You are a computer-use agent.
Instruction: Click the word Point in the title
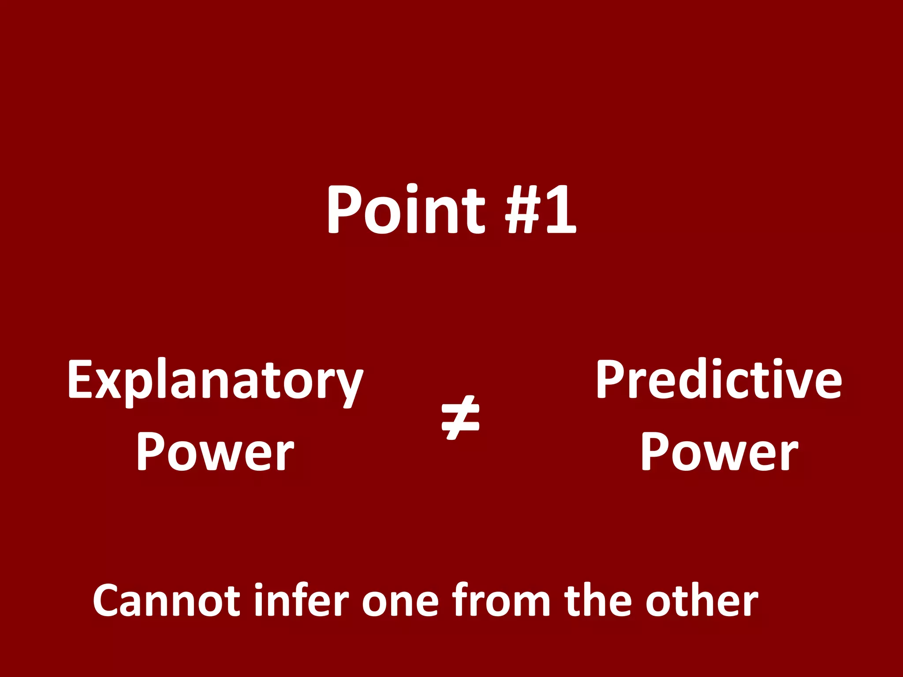tap(406, 210)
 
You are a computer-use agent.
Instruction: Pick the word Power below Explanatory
tap(215, 452)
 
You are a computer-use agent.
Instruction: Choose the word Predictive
tap(719, 380)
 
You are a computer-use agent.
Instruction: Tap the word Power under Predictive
tap(719, 452)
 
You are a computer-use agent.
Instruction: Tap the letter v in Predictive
tap(791, 383)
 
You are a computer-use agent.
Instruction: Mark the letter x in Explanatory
tap(108, 383)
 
